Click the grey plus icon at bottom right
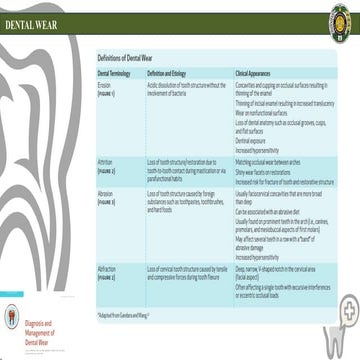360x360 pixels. [x=348, y=338]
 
